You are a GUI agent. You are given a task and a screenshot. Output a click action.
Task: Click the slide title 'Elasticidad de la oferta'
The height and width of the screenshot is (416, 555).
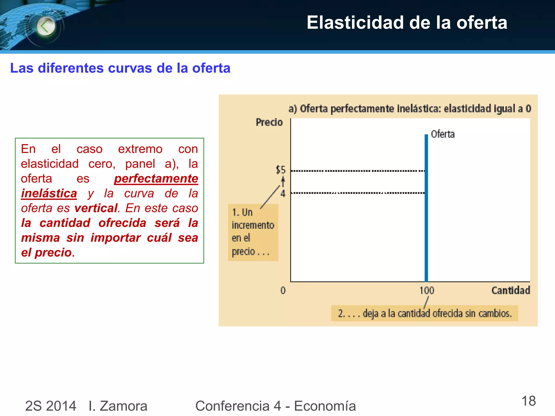pos(406,22)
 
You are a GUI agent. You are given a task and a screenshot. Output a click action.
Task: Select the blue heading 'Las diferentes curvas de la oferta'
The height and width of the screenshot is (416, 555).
pos(120,68)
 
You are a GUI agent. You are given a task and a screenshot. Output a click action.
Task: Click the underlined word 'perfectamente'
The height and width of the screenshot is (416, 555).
pos(156,179)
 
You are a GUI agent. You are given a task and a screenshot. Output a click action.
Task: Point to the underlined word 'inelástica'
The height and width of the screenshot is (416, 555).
pos(49,194)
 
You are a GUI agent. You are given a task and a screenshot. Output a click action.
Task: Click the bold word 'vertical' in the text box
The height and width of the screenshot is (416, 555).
pos(96,208)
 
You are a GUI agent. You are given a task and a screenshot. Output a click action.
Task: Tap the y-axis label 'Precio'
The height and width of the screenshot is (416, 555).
pos(269,122)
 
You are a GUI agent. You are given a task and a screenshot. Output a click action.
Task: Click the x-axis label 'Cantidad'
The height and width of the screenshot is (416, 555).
pos(511,290)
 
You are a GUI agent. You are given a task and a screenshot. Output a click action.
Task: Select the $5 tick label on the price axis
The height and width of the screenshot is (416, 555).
pos(281,170)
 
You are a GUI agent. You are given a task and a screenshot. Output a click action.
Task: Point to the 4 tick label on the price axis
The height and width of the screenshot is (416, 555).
pos(283,193)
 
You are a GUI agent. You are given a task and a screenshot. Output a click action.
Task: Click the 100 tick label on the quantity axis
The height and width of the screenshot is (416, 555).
pos(427,291)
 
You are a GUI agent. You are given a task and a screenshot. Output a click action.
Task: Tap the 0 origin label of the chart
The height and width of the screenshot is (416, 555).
pos(283,291)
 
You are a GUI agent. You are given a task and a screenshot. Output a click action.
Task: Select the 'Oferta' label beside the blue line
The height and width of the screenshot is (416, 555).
pos(443,134)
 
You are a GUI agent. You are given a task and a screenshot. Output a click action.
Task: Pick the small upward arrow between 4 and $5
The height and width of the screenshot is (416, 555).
pos(283,181)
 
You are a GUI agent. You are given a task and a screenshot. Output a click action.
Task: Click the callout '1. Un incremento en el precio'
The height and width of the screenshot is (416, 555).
pos(253,232)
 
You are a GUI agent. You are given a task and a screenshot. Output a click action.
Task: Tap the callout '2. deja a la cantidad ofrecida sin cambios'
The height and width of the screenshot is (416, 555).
pos(424,313)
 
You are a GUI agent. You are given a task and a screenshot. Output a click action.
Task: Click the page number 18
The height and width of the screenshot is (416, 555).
pos(528,401)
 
